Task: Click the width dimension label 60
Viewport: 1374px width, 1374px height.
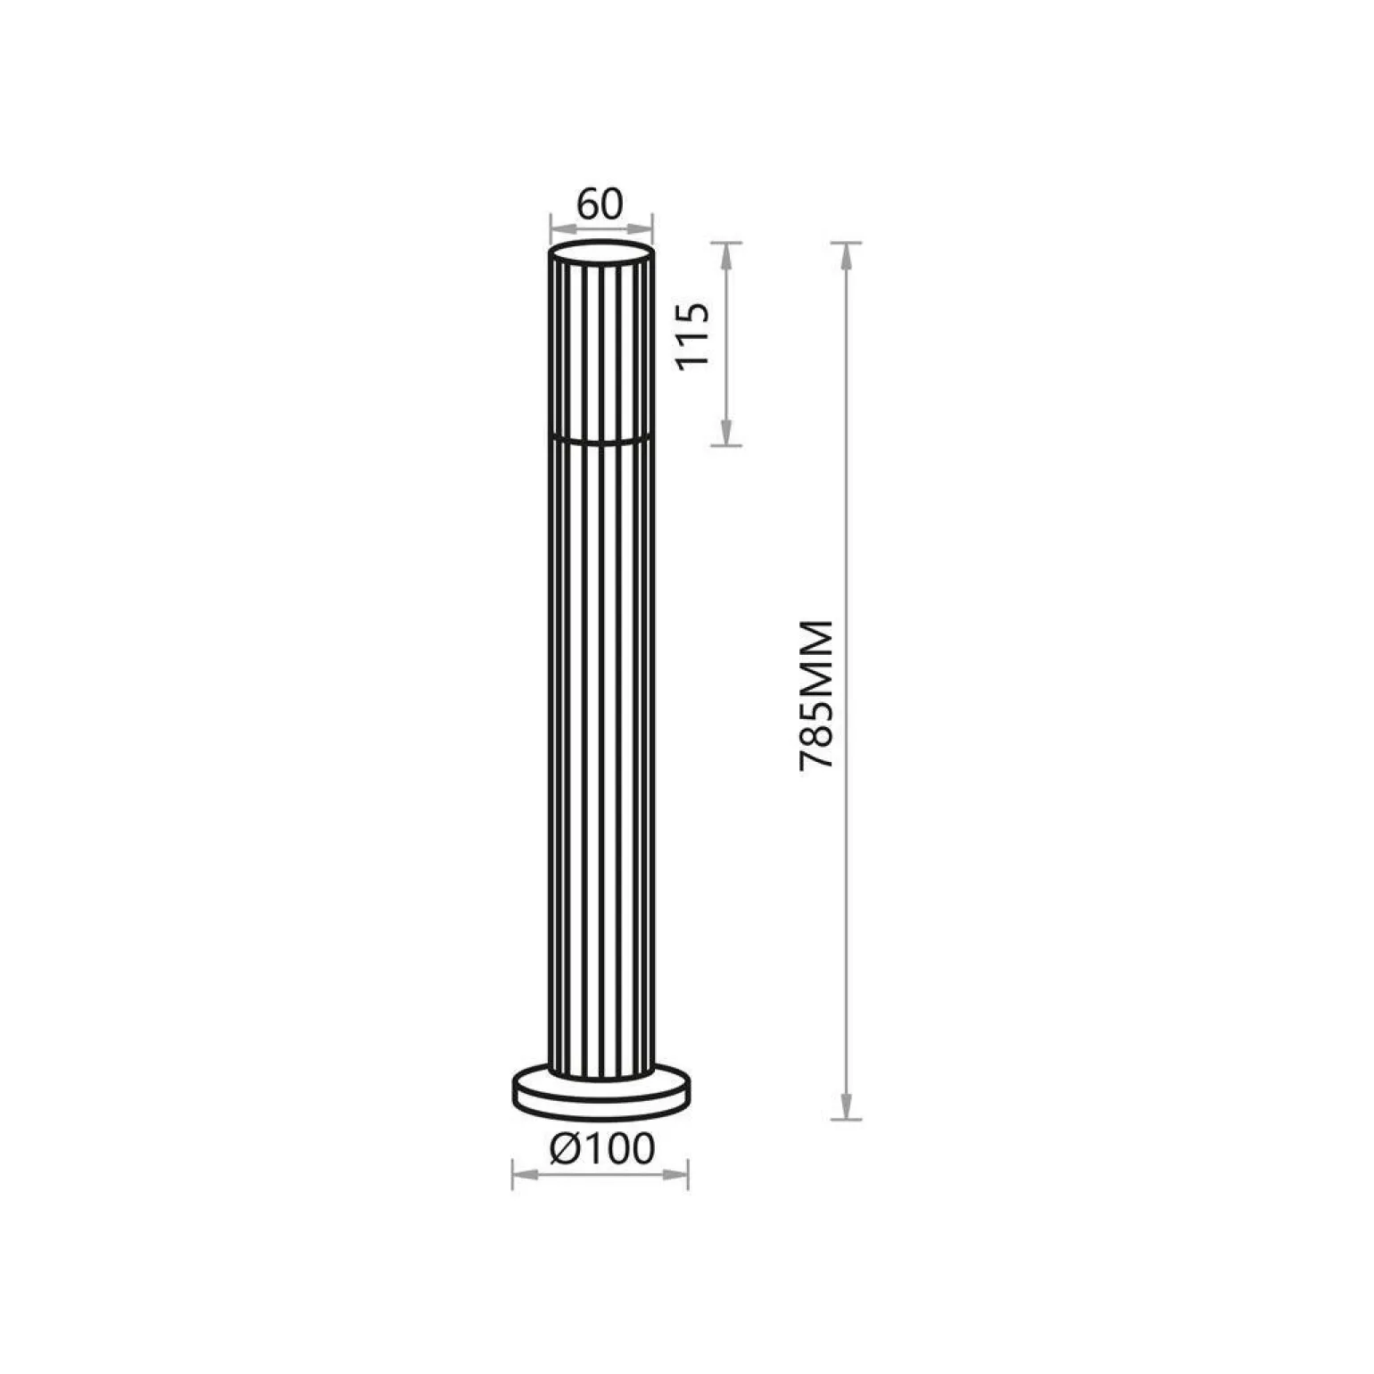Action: (x=600, y=204)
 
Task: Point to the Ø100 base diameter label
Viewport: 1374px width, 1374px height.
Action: (x=602, y=1149)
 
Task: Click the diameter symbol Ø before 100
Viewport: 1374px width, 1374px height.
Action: (x=567, y=1149)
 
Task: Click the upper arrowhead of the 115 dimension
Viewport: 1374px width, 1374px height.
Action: (x=727, y=257)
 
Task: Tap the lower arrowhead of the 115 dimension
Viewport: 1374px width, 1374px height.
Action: (x=727, y=431)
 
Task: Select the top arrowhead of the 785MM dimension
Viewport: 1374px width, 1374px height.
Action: (x=846, y=257)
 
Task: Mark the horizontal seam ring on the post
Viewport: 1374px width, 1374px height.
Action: (x=600, y=439)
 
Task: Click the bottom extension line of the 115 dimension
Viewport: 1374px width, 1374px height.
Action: (x=727, y=445)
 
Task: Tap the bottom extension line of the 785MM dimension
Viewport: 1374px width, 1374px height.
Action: (x=846, y=1119)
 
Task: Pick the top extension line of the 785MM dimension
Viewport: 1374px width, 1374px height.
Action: (x=846, y=243)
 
